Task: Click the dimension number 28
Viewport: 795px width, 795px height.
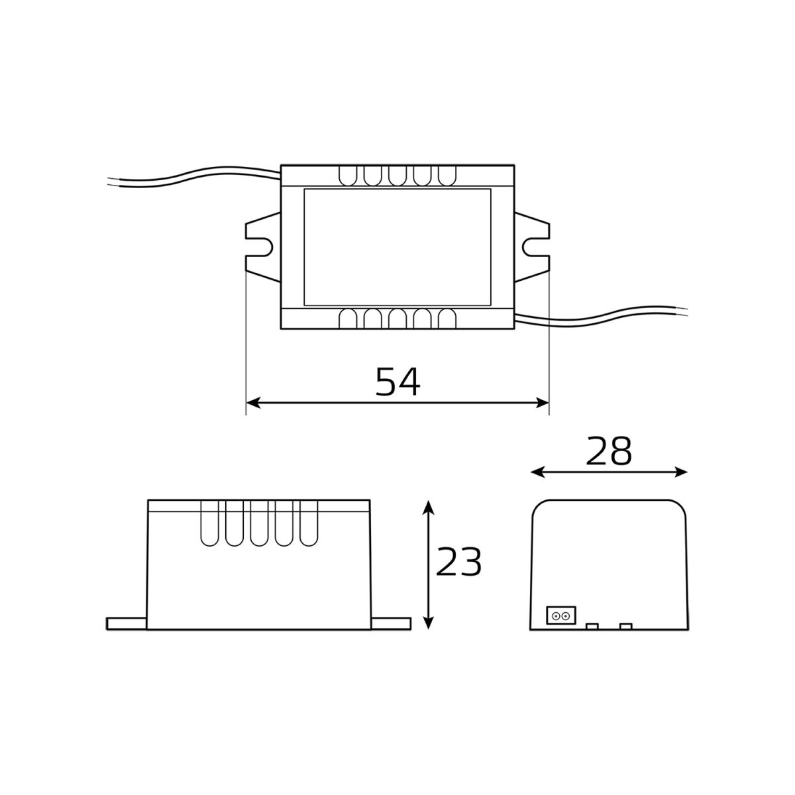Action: (x=609, y=452)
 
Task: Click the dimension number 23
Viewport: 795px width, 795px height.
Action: (x=458, y=563)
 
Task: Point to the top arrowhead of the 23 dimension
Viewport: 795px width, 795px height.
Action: (x=429, y=507)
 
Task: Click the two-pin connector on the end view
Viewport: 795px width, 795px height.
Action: (x=560, y=615)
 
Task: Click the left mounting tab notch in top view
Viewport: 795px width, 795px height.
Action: (x=264, y=248)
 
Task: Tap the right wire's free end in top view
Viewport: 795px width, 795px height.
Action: (x=686, y=309)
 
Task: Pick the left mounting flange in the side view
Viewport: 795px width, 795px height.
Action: (x=126, y=623)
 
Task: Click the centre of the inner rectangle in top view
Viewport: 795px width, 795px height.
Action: (x=397, y=247)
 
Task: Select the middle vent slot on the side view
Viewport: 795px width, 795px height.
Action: (x=259, y=523)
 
